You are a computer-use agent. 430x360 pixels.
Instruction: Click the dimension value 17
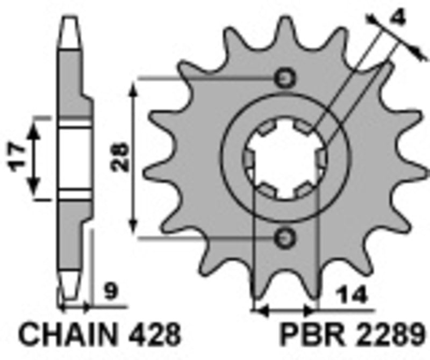pyautogui.click(x=17, y=156)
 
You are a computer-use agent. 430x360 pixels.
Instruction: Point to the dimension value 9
pyautogui.click(x=111, y=293)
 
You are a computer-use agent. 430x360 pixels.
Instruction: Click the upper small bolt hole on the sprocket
pyautogui.click(x=285, y=78)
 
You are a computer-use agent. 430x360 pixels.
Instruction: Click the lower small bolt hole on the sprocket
pyautogui.click(x=285, y=236)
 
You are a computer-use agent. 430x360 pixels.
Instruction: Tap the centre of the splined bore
pyautogui.click(x=285, y=158)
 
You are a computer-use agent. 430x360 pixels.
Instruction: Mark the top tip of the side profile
pyautogui.click(x=70, y=19)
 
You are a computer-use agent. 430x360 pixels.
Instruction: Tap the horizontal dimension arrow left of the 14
pyautogui.click(x=285, y=310)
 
